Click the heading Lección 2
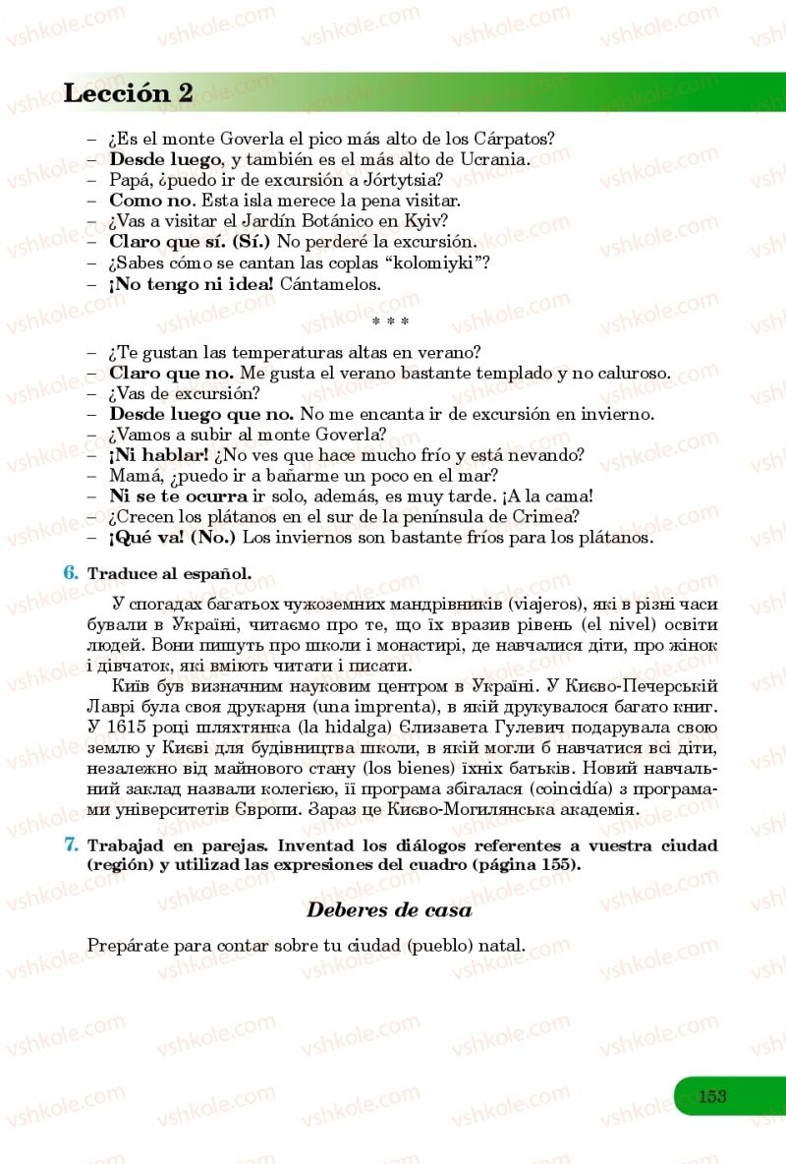(128, 93)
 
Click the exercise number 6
(70, 572)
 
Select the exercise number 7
(70, 844)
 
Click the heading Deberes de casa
(389, 909)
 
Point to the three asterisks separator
(391, 320)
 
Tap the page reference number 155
(555, 865)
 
